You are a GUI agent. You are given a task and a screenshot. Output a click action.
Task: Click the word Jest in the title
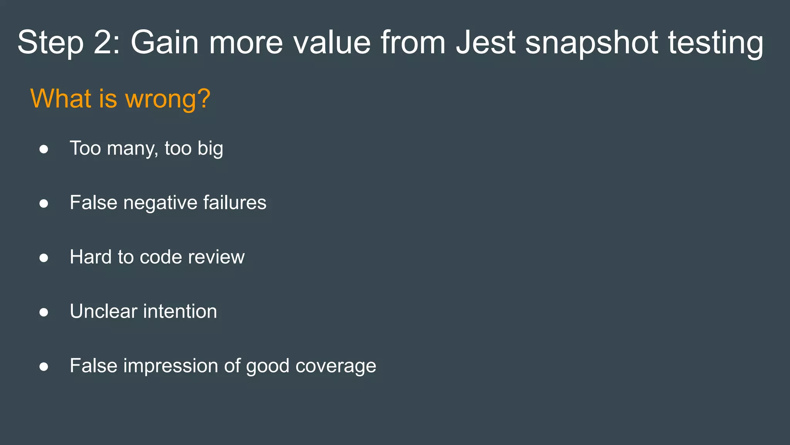pos(486,42)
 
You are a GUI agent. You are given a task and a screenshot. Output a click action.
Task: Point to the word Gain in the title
pos(165,42)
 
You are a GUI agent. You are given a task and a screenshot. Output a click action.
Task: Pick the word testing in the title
pos(716,43)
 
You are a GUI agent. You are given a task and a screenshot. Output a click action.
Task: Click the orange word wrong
pos(168,99)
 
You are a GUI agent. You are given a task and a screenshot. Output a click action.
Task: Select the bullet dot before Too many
pos(44,149)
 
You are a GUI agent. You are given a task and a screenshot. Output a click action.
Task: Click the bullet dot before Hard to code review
pos(44,258)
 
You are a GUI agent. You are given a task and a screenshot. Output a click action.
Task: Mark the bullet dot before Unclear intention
pos(44,312)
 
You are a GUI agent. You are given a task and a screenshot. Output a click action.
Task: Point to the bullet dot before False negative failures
pos(44,204)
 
